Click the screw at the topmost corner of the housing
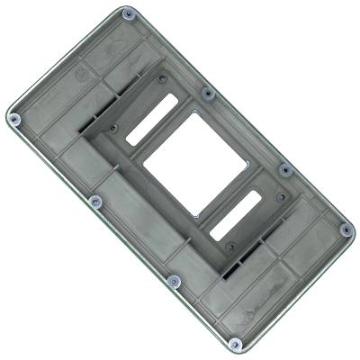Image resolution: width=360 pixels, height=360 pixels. (128, 14)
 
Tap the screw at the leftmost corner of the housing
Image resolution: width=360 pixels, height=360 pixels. (13, 118)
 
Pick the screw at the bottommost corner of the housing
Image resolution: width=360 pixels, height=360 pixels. (235, 343)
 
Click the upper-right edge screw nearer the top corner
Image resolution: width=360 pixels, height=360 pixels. (208, 93)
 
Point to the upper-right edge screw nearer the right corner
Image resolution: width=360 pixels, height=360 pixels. (284, 169)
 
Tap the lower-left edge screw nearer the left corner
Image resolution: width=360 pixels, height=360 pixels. (94, 200)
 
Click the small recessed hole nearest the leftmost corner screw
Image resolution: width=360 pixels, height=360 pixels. (112, 129)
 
